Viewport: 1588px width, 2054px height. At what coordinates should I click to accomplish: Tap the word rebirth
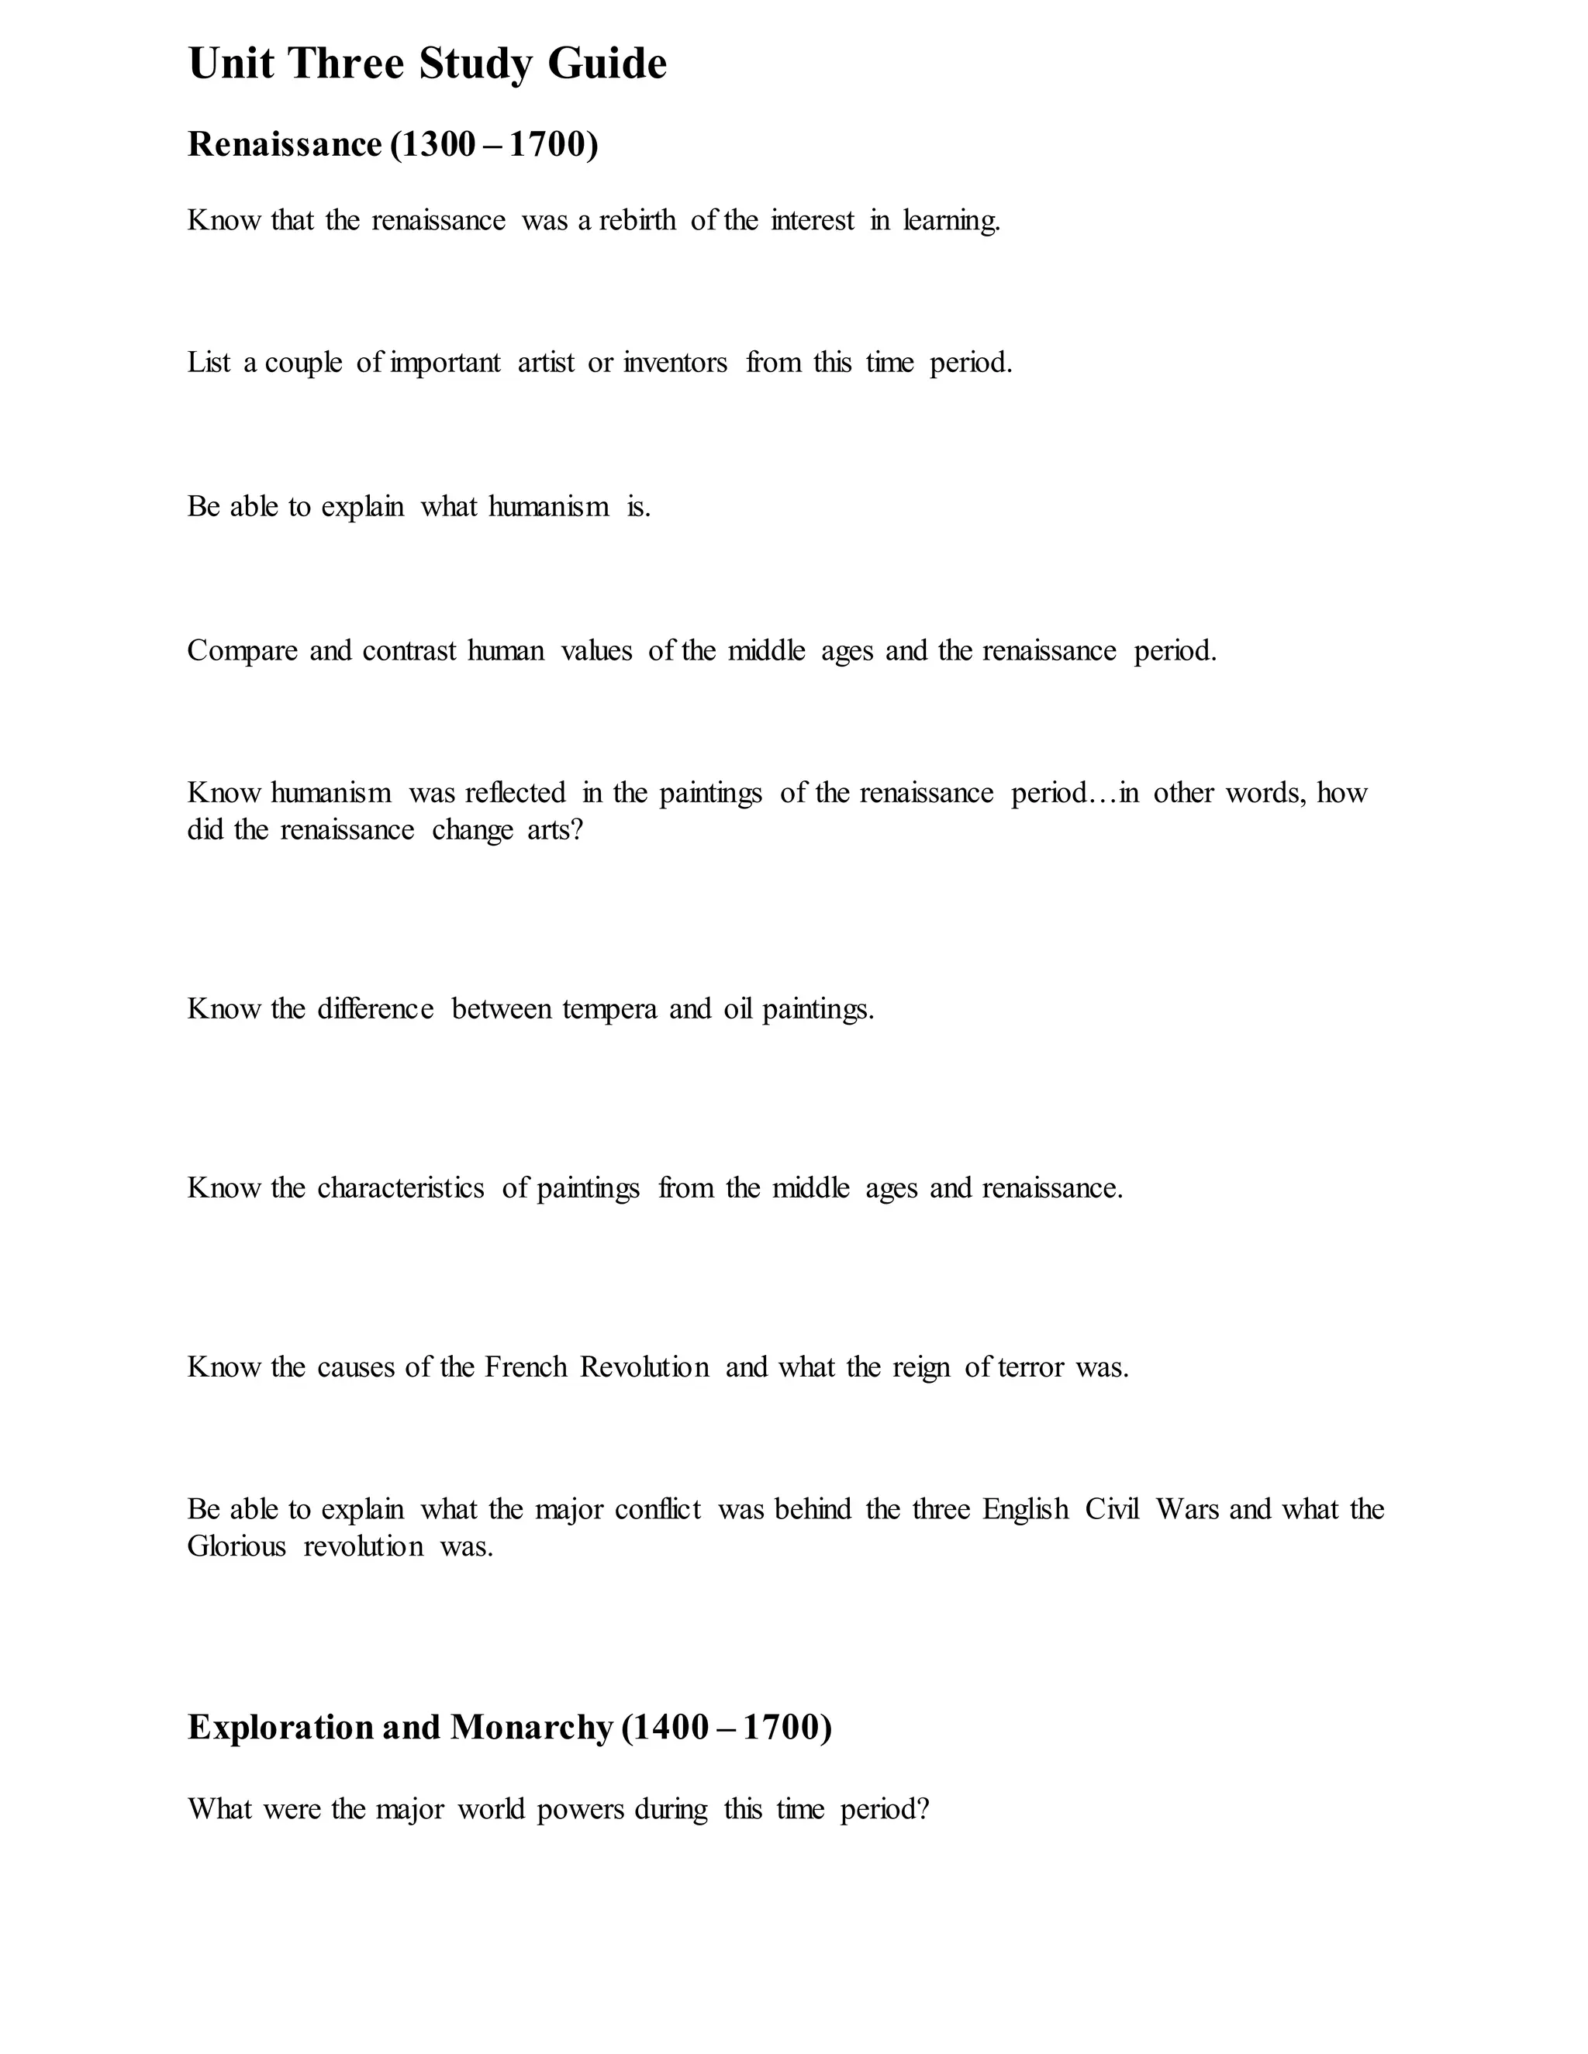(637, 221)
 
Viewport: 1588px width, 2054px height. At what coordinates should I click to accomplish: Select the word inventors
(675, 363)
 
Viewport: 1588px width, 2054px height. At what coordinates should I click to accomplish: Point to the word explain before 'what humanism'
(362, 508)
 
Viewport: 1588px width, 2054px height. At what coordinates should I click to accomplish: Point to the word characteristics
(401, 1189)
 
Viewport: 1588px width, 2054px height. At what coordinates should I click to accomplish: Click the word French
(526, 1367)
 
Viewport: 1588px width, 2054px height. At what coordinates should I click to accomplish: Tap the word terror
(1032, 1367)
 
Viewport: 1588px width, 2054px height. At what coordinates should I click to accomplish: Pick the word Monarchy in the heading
(531, 1728)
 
